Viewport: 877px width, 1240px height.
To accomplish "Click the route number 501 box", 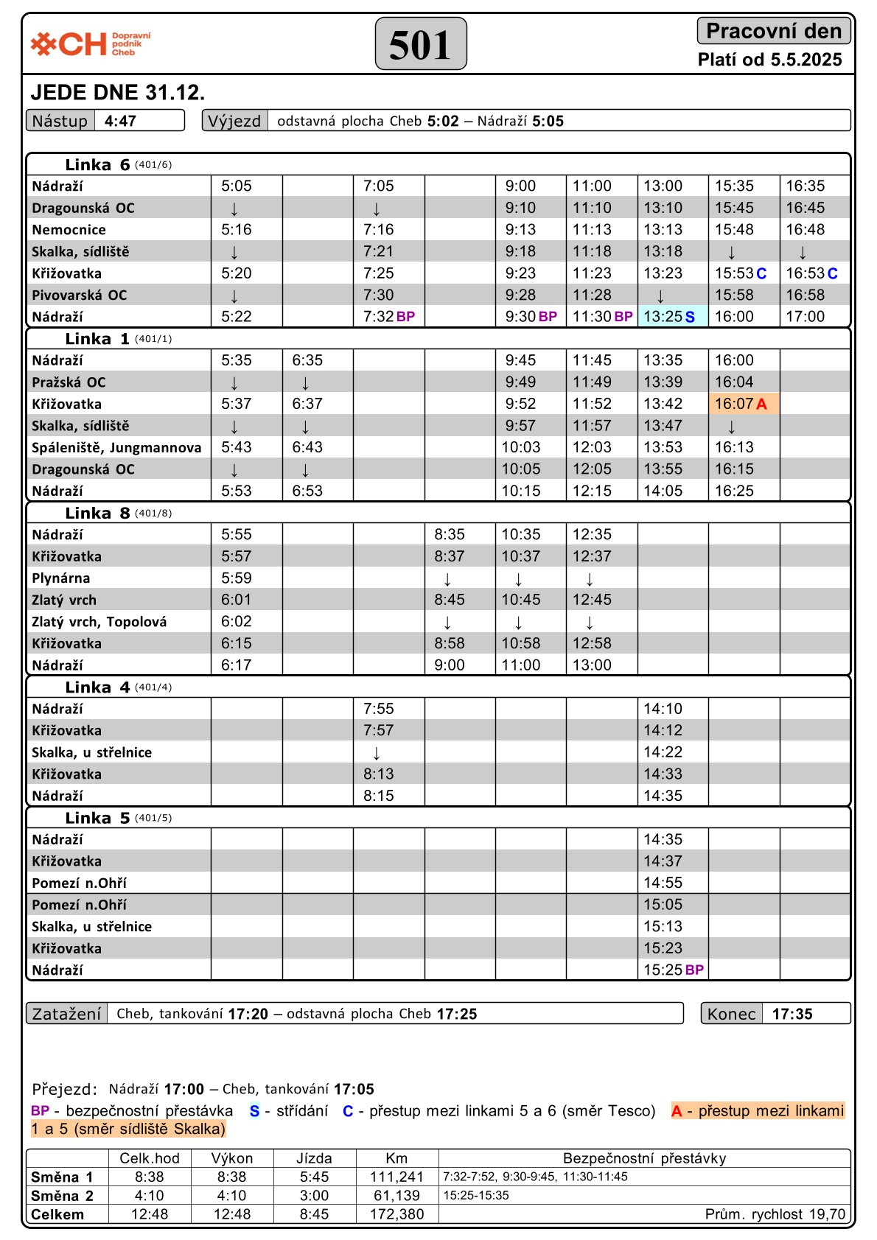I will tap(421, 44).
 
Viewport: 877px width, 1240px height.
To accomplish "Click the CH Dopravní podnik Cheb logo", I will tap(90, 44).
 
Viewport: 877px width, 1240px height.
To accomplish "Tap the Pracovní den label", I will tap(773, 31).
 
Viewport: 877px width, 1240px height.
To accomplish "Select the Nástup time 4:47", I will tap(120, 121).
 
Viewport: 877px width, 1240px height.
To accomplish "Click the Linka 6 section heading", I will tap(97, 164).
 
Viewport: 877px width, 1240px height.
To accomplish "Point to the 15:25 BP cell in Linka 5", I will tap(673, 970).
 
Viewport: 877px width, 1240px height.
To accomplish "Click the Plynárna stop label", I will tap(60, 578).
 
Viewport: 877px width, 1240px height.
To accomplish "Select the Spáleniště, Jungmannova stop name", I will tap(116, 447).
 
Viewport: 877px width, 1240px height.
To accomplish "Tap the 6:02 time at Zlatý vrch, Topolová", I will tap(237, 622).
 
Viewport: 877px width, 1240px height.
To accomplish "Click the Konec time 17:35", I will tap(792, 1014).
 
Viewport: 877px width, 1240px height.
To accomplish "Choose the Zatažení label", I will tap(66, 1014).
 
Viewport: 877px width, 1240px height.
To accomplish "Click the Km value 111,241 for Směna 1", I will tap(396, 1177).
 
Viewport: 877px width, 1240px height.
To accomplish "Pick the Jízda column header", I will tap(314, 1158).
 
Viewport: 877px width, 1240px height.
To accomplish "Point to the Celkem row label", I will tap(57, 1214).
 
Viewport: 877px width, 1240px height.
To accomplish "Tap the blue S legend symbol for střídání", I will tap(255, 1111).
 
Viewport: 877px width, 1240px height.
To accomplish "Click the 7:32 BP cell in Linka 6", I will tap(388, 317).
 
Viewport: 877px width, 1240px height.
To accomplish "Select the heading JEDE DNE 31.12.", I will tap(118, 93).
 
